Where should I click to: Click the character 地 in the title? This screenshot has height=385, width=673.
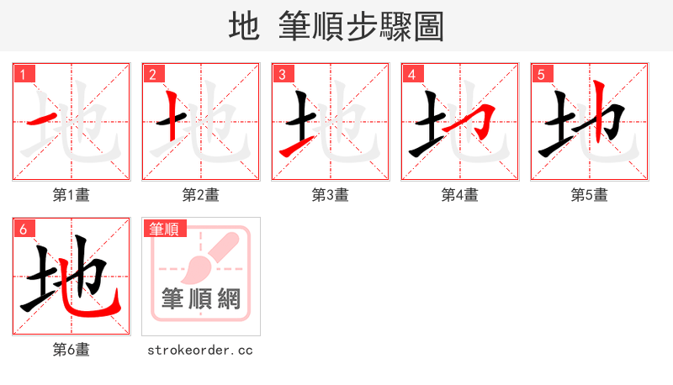pos(244,27)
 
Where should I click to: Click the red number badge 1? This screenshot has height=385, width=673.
pos(23,74)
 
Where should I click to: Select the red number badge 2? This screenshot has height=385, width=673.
pos(152,74)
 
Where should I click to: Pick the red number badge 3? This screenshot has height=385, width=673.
pos(282,74)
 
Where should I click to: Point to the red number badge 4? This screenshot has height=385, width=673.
pos(411,74)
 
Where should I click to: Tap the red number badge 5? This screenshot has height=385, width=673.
pos(541,74)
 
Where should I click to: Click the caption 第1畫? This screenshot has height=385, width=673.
pos(72,195)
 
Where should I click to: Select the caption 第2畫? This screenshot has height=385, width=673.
pos(201,195)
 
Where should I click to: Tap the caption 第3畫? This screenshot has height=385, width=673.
pos(331,195)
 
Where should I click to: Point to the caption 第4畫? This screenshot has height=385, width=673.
pos(460,195)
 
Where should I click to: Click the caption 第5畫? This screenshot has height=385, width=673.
pos(590,195)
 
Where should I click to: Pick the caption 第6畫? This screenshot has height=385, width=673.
pos(72,350)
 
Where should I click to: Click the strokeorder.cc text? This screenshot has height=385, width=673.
pos(201,350)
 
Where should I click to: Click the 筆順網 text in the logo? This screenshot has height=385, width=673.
pos(201,298)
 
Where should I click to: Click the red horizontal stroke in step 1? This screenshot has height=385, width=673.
pos(44,119)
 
